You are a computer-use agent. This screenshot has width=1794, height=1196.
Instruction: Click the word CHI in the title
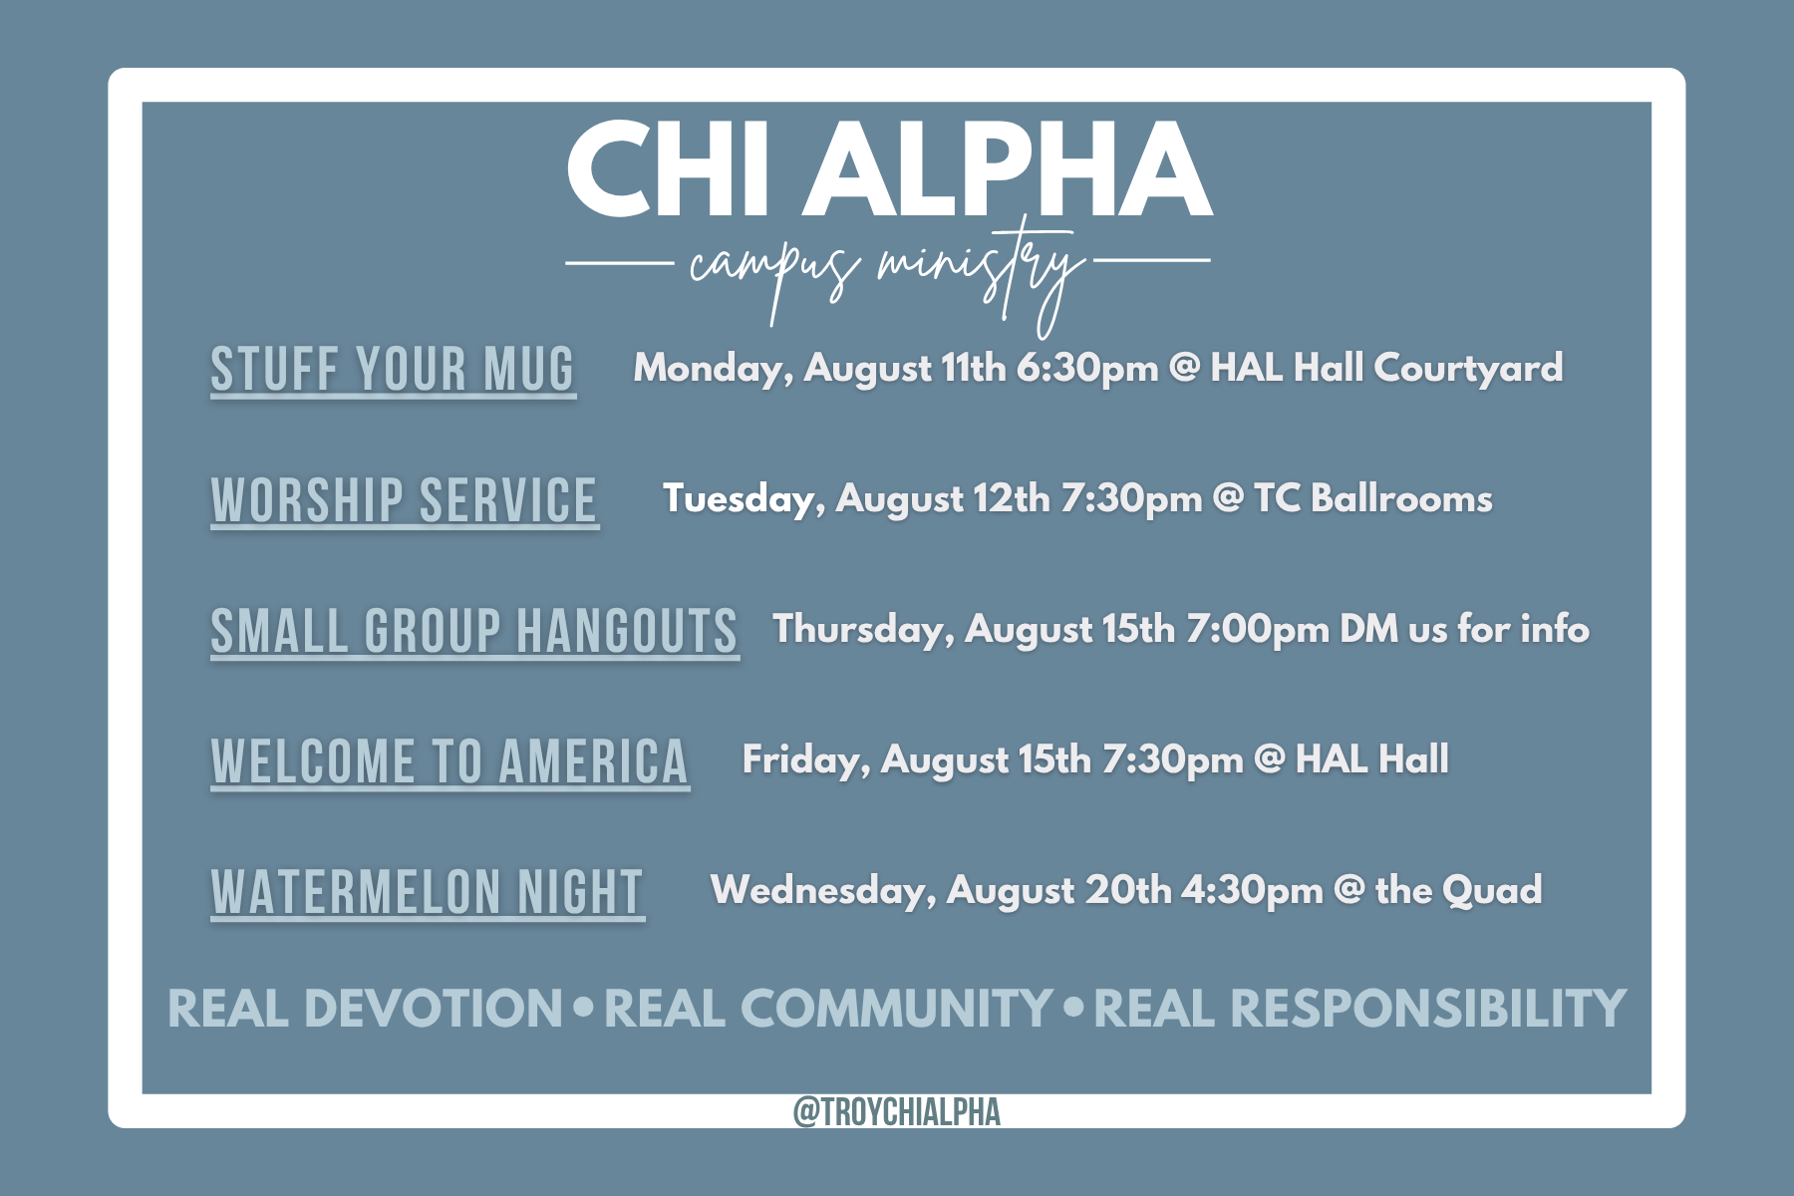tap(668, 169)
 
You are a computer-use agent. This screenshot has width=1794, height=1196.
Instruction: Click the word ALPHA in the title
tap(1009, 169)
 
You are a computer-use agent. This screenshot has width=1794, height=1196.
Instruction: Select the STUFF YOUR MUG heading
tap(393, 370)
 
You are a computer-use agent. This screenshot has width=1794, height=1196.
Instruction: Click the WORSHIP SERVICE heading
tap(405, 500)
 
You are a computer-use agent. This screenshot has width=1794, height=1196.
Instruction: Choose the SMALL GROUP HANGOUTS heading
tap(474, 631)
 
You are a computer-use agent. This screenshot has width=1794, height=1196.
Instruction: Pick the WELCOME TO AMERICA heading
tap(449, 762)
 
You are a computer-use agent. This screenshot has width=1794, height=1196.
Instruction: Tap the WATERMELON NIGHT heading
tap(428, 893)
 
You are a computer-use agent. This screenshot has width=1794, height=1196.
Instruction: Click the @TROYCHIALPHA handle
tap(897, 1111)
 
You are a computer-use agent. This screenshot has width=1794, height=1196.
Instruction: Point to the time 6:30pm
tap(1087, 369)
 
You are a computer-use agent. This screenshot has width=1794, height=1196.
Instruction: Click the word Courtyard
tap(1468, 369)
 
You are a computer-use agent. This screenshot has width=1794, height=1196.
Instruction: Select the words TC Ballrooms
tap(1373, 498)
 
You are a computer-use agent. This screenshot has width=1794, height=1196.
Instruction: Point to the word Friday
tap(806, 760)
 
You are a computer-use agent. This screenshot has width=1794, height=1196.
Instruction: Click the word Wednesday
tap(824, 890)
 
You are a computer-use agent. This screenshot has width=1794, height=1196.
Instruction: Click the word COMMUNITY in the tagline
tap(896, 1009)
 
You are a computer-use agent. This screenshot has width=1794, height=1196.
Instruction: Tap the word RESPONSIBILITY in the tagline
tap(1428, 1009)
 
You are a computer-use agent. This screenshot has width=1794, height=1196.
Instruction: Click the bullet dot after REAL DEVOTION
tap(584, 1008)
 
